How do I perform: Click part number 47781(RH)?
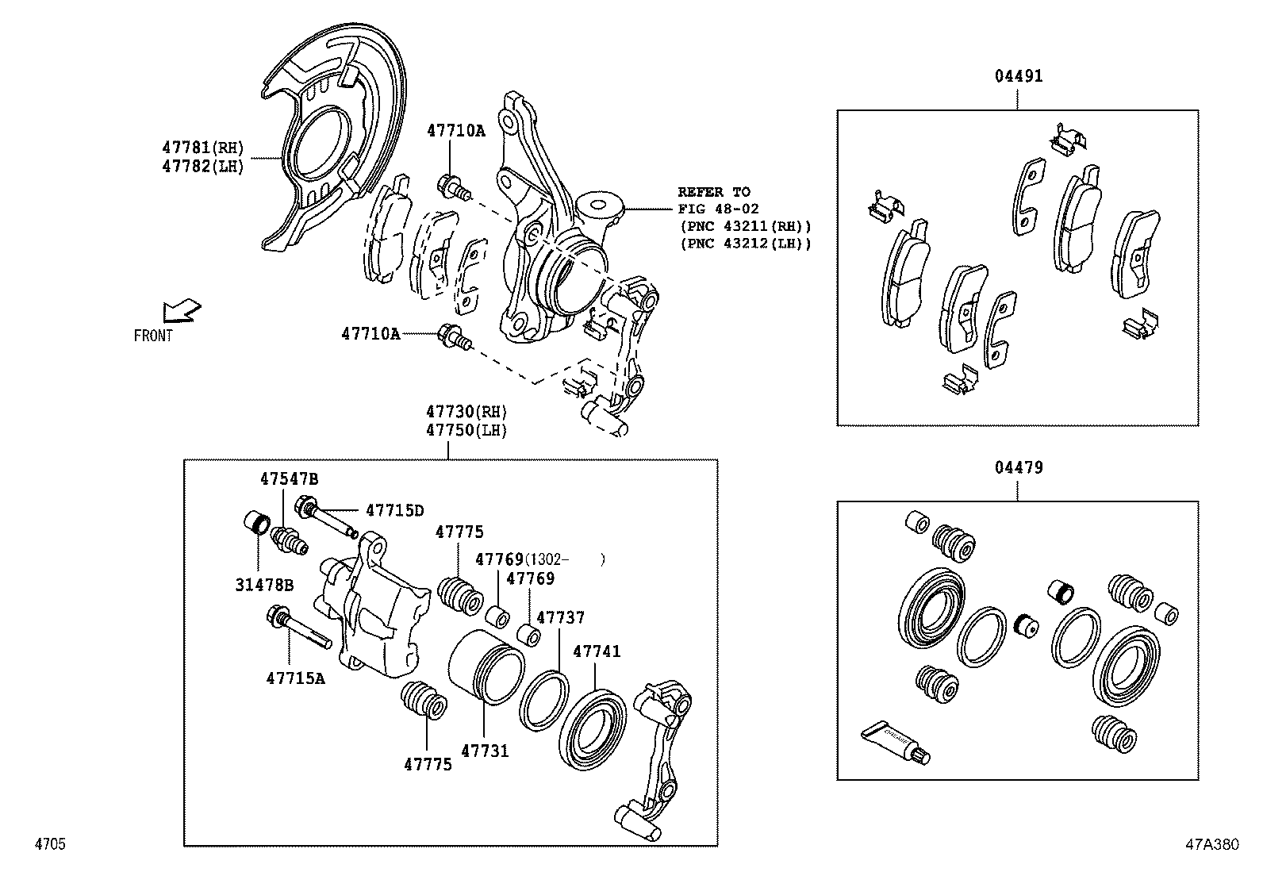pos(202,147)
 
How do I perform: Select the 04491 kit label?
pos(1019,76)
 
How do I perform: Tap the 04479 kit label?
pos(1019,467)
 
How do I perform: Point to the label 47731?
pos(485,751)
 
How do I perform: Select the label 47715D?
pos(394,510)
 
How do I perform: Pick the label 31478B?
pos(264,586)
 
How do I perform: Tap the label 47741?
pos(597,651)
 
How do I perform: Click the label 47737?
pos(560,617)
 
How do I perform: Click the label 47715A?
pos(295,678)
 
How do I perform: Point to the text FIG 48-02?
pos(718,209)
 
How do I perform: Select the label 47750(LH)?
pos(466,430)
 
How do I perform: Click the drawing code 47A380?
pos(1211,844)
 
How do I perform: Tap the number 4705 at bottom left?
pos(49,844)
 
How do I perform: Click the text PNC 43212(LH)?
pos(746,244)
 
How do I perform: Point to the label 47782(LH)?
pos(202,166)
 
